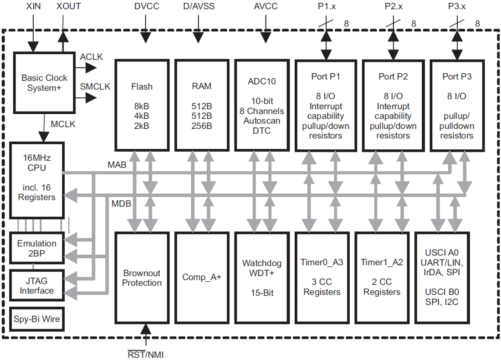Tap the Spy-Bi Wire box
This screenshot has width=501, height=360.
tap(37, 319)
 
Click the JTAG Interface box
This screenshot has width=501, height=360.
tap(37, 285)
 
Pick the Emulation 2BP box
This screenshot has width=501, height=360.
tap(37, 248)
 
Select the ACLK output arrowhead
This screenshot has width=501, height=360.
tap(91, 68)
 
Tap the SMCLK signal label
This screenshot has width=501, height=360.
tap(95, 86)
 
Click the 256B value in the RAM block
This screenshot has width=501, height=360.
tap(202, 126)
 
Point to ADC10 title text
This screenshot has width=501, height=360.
tap(262, 81)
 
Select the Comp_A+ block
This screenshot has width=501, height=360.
tap(202, 277)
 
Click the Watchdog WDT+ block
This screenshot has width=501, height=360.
tap(262, 277)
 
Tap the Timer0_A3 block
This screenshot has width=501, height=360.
tap(322, 277)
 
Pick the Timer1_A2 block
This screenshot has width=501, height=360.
tap(382, 277)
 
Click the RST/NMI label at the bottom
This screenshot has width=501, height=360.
tap(145, 354)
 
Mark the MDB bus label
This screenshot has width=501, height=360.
tap(121, 203)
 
